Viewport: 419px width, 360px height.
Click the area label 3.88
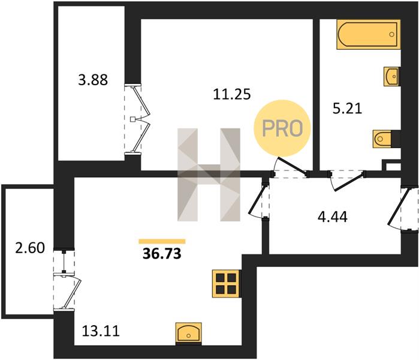(93, 80)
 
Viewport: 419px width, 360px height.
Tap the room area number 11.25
(232, 94)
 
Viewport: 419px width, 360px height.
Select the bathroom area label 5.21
(348, 109)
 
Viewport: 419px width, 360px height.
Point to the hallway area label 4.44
(333, 217)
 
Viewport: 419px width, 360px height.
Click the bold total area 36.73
(162, 254)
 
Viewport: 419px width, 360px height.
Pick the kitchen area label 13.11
(101, 331)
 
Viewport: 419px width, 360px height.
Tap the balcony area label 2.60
(30, 248)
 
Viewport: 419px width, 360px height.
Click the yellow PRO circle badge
(282, 128)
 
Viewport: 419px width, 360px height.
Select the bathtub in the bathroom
(369, 34)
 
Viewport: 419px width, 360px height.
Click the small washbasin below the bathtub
(392, 76)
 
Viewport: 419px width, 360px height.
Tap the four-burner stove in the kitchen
(226, 284)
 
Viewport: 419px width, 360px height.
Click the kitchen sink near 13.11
(189, 333)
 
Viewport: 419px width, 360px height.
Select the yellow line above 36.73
(162, 242)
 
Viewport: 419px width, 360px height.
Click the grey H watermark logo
(209, 175)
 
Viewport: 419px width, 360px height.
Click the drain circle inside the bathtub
(392, 34)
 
